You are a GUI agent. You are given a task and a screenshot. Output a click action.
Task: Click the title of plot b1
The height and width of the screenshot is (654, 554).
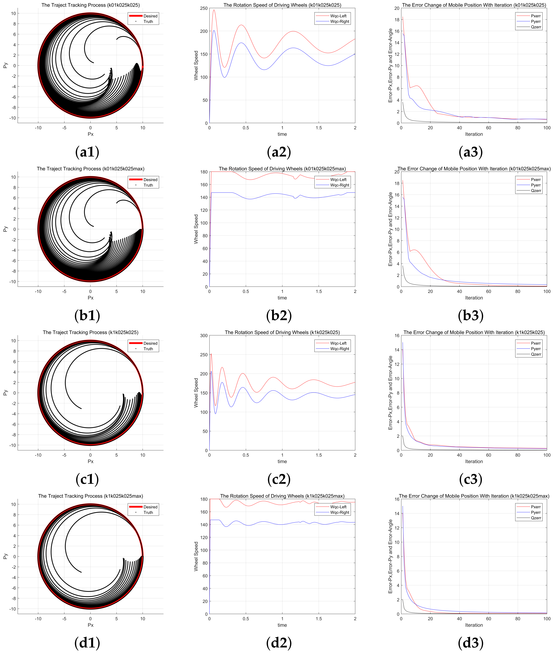pos(90,169)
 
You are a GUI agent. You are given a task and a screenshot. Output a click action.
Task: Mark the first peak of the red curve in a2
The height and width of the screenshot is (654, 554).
pos(214,10)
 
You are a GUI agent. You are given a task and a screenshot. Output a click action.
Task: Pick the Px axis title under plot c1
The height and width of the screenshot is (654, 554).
pos(90,461)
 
